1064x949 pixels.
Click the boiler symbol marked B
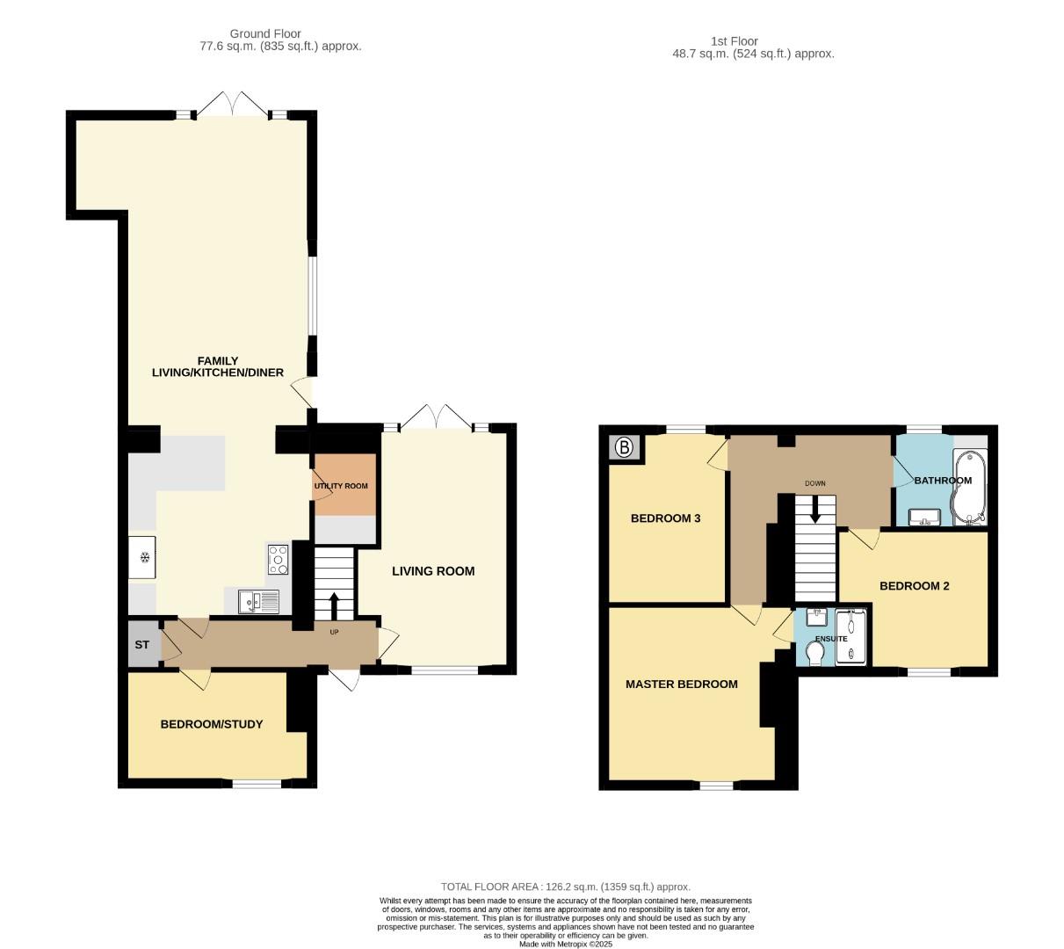[624, 448]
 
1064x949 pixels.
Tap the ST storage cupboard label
[142, 645]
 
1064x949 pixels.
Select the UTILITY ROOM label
[341, 486]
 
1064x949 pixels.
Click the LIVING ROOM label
[432, 571]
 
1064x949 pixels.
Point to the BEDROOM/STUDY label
[211, 724]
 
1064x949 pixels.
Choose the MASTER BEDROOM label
[681, 684]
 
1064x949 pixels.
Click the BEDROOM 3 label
[665, 518]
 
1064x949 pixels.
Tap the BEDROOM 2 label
[914, 586]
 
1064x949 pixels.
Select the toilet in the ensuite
[814, 654]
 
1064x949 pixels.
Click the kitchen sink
[258, 602]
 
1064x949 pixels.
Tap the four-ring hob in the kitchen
[278, 559]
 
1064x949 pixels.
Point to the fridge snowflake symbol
[143, 557]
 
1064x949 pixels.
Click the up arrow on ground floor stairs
[334, 605]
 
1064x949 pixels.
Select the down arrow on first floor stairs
[815, 508]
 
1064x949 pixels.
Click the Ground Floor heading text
[265, 34]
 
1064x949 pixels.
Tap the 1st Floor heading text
[734, 40]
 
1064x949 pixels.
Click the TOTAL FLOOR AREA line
[565, 887]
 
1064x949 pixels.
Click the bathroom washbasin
[923, 517]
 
